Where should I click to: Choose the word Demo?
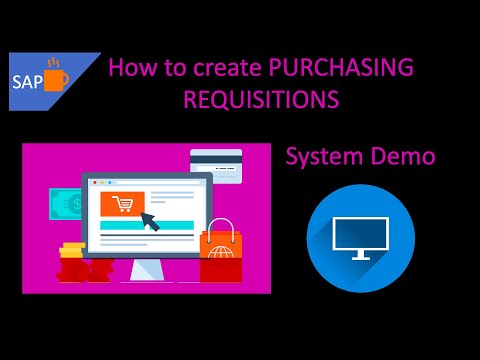(404, 157)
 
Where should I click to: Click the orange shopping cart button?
(123, 204)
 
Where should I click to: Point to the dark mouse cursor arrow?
(150, 220)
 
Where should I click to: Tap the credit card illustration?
(216, 163)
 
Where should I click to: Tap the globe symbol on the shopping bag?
(220, 269)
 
